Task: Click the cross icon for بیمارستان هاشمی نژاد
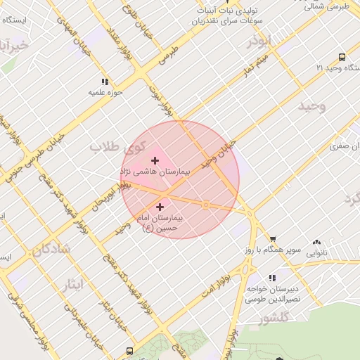tap(155, 161)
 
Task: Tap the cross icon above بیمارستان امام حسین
tap(160, 207)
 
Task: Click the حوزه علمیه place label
tap(105, 92)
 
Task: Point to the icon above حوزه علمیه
tap(105, 82)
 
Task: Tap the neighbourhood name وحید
tap(312, 106)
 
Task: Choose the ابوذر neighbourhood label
tap(258, 41)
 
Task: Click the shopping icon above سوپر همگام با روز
tap(273, 240)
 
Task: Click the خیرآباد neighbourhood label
tap(14, 46)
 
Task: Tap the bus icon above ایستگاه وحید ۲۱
tap(342, 57)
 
